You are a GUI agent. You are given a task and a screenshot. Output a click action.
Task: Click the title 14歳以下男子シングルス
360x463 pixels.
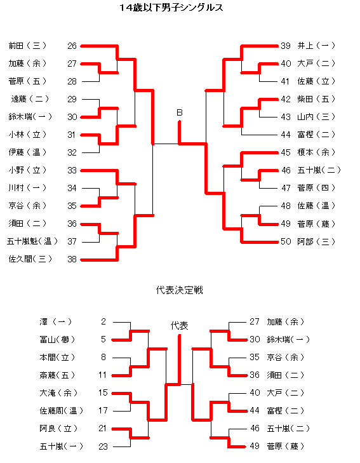171,8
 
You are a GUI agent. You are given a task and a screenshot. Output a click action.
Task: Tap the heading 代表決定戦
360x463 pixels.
180,290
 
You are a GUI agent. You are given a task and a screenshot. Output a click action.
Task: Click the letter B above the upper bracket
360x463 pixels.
180,112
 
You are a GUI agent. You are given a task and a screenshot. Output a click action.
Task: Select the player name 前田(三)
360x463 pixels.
27,46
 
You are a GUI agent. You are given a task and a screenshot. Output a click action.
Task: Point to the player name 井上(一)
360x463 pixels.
316,46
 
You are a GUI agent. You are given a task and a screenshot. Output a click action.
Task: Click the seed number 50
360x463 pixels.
286,241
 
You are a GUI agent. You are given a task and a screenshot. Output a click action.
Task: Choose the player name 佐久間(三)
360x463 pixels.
30,259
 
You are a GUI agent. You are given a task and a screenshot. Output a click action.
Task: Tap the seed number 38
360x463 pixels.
72,259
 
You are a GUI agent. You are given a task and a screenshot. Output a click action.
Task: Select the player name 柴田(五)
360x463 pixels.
316,99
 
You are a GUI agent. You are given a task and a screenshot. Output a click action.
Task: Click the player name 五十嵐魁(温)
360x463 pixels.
32,241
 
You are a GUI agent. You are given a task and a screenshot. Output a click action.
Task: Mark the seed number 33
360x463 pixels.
72,170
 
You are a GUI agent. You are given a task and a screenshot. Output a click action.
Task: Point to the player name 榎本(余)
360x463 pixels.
316,152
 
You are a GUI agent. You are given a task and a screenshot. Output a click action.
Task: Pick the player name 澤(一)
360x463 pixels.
56,321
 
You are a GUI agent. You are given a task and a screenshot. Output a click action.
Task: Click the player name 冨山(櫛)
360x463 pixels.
57,340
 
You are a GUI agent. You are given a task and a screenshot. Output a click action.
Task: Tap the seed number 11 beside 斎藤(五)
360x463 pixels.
102,375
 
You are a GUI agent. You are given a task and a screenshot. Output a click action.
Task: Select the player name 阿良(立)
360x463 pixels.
58,428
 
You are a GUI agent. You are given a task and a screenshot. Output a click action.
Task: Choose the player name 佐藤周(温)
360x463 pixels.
62,410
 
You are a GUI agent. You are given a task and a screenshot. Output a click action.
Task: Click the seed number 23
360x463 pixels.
103,446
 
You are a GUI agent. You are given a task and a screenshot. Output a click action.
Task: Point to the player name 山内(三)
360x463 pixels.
316,117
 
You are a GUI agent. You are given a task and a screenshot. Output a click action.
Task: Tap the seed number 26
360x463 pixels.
72,46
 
